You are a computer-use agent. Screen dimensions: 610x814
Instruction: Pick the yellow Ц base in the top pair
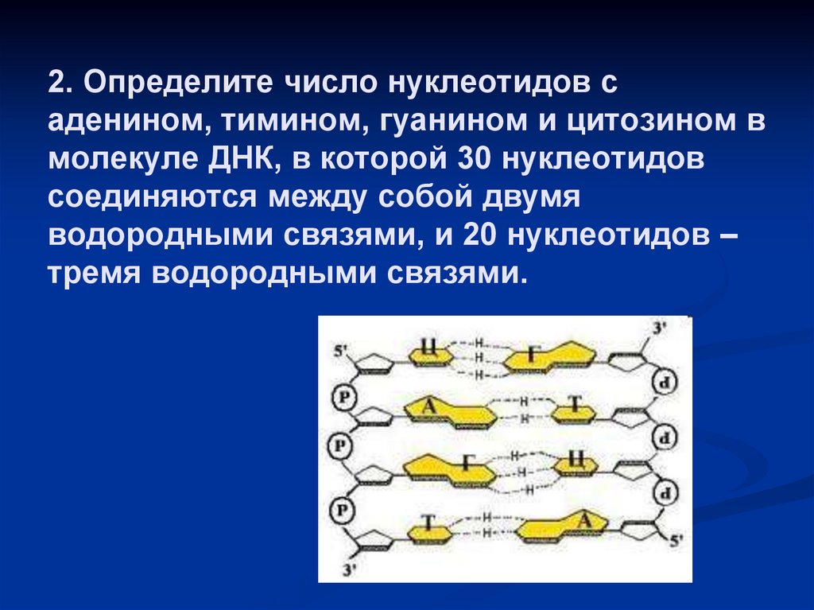pyautogui.click(x=429, y=348)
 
